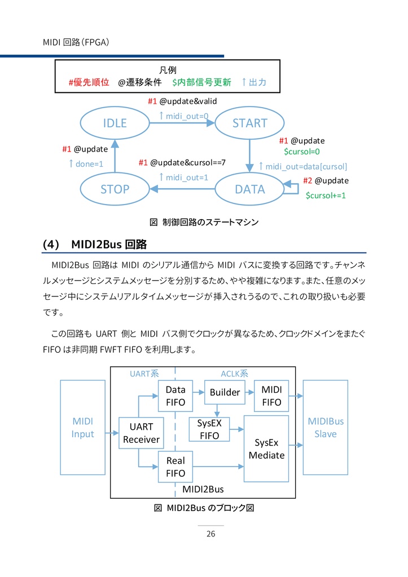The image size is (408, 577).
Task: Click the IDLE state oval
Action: click(115, 123)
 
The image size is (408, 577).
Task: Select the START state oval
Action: click(249, 123)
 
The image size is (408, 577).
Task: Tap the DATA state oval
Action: click(249, 189)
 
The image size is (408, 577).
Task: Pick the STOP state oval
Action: click(115, 189)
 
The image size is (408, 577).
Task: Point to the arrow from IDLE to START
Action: click(182, 123)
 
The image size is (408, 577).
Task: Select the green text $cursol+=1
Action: click(326, 196)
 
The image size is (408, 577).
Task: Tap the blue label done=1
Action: click(86, 164)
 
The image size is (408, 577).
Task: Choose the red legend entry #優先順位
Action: click(89, 82)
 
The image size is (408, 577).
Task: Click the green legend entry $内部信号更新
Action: click(201, 82)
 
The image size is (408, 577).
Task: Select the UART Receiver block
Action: click(141, 433)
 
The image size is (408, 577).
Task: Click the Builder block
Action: click(225, 392)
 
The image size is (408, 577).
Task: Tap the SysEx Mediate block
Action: click(266, 449)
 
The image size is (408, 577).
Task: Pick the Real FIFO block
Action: click(175, 467)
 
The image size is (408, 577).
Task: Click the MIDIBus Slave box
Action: click(326, 428)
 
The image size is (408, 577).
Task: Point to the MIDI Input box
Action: click(82, 428)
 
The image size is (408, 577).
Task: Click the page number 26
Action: click(210, 534)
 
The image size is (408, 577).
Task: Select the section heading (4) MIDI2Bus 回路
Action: click(95, 245)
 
